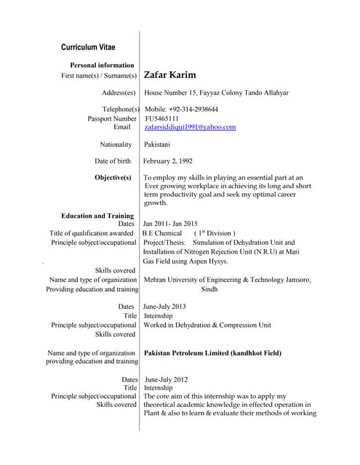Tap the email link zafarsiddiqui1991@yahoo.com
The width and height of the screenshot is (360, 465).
190,127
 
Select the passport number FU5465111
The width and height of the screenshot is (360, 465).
164,118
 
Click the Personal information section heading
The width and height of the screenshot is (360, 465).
99,65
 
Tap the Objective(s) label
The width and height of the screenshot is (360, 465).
113,177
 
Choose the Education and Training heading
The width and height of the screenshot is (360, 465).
97,216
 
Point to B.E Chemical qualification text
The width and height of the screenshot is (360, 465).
162,233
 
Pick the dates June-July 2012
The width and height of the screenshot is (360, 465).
167,379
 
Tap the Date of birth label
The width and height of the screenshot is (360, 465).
113,161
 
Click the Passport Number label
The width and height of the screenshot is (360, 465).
112,118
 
